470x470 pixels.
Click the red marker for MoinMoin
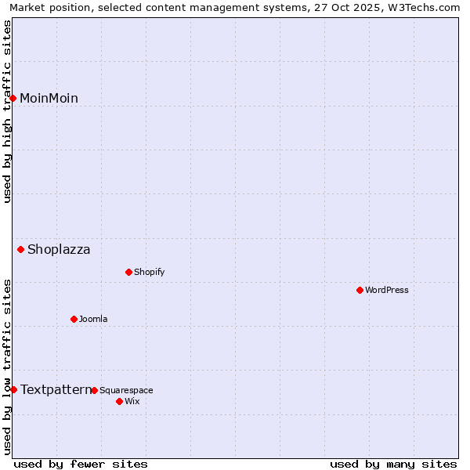pos(13,98)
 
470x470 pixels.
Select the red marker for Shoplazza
pos(21,250)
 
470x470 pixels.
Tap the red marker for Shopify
pos(129,272)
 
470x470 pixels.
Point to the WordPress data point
pos(360,290)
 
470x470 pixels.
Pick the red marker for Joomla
pos(74,319)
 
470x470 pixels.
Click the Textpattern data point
pos(13,389)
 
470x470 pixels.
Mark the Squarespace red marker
pos(95,390)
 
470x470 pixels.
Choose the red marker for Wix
pos(120,401)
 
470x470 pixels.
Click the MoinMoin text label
pos(49,98)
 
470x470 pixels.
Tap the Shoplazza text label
pos(59,250)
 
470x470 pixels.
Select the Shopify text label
pos(149,272)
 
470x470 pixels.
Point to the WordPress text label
pos(387,290)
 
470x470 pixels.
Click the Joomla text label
pos(93,319)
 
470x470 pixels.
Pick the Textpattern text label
pos(56,389)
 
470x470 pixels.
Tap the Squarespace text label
pos(126,390)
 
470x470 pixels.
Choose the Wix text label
pos(132,401)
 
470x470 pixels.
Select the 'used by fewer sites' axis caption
pos(81,464)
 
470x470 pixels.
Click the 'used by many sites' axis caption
pos(393,464)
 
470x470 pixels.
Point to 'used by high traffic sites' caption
pos(7,111)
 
